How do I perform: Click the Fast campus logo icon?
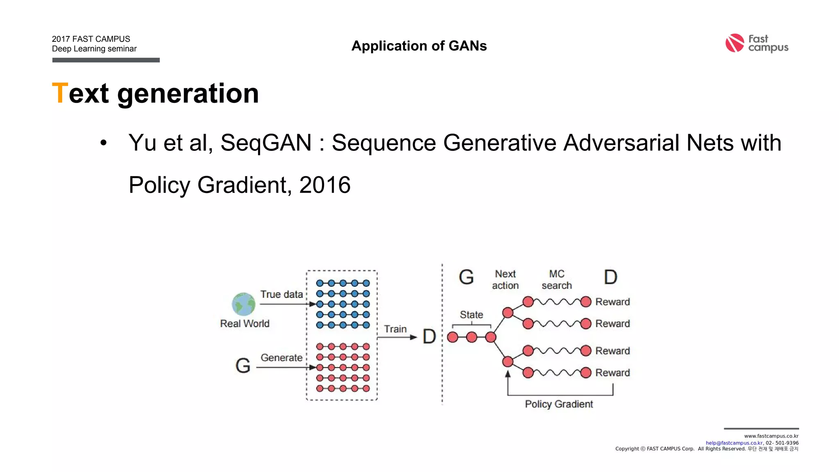pos(735,43)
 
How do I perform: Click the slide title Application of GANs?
pos(419,46)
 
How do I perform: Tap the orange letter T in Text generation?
pos(60,93)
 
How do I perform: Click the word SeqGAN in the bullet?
pos(266,143)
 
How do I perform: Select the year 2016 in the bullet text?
pos(325,185)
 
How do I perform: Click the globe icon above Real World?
pos(243,304)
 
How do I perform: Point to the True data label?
pos(281,294)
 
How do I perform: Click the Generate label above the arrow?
pos(281,358)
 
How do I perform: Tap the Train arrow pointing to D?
pos(397,337)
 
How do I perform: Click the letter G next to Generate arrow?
pos(243,365)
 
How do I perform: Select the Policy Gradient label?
pos(559,404)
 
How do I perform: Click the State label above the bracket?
pos(471,315)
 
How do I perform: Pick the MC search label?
pos(556,279)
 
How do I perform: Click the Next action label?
pos(505,279)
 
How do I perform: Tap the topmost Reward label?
pos(612,302)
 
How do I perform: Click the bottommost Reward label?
pos(612,372)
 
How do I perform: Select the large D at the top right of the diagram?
pos(610,277)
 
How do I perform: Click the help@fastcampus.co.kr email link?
pos(734,443)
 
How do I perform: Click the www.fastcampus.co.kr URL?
pos(771,436)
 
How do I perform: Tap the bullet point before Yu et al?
pos(104,143)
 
